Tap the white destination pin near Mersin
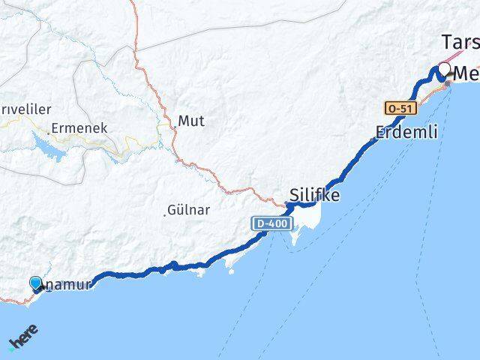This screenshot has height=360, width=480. click(445, 70)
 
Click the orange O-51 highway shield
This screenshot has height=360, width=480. click(399, 108)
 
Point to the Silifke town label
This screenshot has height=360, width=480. click(313, 196)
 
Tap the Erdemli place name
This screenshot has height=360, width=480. click(406, 133)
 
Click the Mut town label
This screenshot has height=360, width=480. click(191, 120)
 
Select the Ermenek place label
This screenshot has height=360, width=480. click(79, 128)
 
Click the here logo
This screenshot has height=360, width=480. click(22, 341)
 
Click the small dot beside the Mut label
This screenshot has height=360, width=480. click(175, 128)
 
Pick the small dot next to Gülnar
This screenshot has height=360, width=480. click(164, 215)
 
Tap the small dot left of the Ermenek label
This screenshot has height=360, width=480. click(49, 133)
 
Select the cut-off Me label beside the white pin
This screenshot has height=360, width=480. click(466, 73)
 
